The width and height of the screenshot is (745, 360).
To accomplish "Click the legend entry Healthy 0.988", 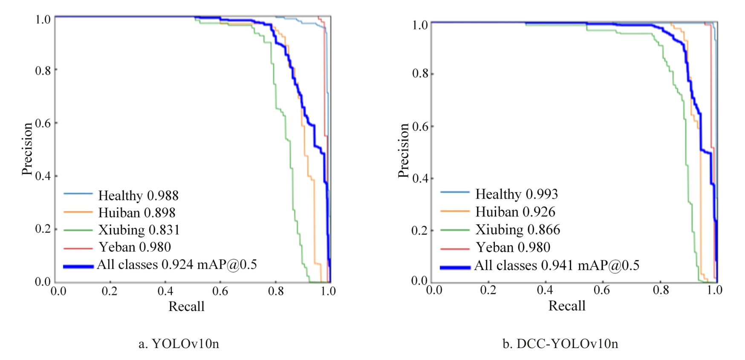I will point(138,196).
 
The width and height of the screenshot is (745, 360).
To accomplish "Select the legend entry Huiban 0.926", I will point(515,212).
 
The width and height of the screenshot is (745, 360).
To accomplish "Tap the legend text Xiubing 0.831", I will point(139,230).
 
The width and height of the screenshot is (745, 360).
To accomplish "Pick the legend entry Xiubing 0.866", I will point(517,230).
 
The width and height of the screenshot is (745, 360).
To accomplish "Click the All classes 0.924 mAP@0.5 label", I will point(177,265).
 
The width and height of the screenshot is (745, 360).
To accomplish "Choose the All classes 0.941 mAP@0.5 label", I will point(557,265).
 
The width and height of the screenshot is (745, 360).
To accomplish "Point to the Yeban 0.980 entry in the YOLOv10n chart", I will point(135,247).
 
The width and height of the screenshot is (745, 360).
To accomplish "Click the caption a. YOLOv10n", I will point(179,343).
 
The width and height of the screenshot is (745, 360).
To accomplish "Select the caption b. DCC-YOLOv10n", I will point(560,343).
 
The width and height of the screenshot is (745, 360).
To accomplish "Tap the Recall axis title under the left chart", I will point(186,306).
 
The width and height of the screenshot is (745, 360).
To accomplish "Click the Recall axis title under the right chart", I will point(566,305).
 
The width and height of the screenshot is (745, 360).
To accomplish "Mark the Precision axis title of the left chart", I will point(27,149).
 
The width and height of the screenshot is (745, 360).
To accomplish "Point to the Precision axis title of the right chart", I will point(403,150).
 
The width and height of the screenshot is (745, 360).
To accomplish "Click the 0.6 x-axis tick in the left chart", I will point(220,291).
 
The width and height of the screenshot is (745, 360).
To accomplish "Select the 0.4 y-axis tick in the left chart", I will point(43,176).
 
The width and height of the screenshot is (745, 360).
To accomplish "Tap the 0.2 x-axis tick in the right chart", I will point(488,290).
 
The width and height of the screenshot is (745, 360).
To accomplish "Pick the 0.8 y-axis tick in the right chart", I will point(420,74).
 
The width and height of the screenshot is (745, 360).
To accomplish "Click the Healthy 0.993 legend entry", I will point(517,194).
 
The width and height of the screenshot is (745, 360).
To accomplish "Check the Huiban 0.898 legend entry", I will point(137,213).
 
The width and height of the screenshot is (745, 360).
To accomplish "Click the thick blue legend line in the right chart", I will point(455,267).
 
